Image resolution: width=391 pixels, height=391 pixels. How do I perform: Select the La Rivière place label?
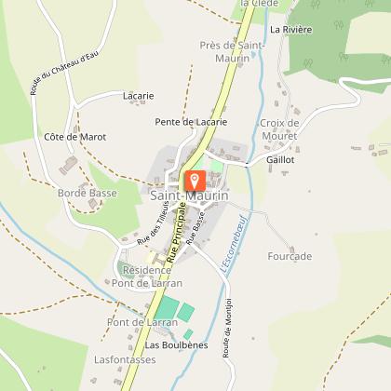[291, 29]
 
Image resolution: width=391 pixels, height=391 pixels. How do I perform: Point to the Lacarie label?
[138, 95]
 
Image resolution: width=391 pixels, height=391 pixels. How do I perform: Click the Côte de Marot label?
[75, 137]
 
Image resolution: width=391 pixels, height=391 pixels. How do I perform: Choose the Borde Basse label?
[88, 193]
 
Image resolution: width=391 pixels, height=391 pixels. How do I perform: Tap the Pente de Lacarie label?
[191, 121]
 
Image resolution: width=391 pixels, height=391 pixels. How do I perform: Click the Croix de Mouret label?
[278, 129]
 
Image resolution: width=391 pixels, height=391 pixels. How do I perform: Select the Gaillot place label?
[280, 159]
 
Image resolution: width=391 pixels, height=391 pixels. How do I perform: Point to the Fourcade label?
[289, 256]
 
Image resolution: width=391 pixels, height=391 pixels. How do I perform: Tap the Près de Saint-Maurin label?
[224, 51]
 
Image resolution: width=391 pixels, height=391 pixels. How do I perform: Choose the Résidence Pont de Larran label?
[152, 276]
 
